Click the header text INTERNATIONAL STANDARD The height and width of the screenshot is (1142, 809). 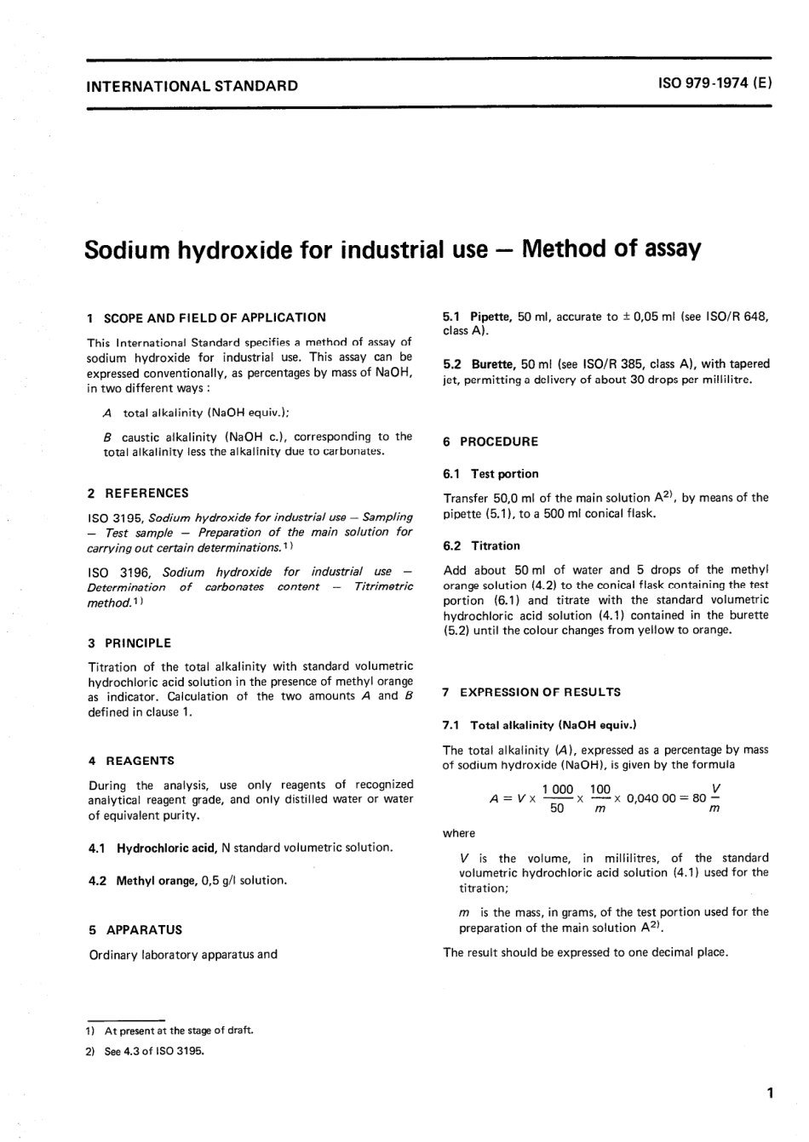tap(192, 85)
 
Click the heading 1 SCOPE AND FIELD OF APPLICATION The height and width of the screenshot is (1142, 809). tap(206, 317)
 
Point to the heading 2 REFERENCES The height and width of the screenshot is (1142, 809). tap(138, 493)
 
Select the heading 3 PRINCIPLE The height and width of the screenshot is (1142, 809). tap(129, 643)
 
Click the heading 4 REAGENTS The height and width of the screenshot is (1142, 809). tap(131, 761)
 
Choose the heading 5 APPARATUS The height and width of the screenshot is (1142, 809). tap(135, 930)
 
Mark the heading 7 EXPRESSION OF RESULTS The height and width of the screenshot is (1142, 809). tap(531, 692)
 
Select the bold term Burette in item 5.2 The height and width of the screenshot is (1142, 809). tap(493, 364)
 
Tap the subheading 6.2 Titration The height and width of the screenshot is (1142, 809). tap(481, 545)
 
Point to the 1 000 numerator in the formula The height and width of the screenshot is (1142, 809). tap(558, 790)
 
